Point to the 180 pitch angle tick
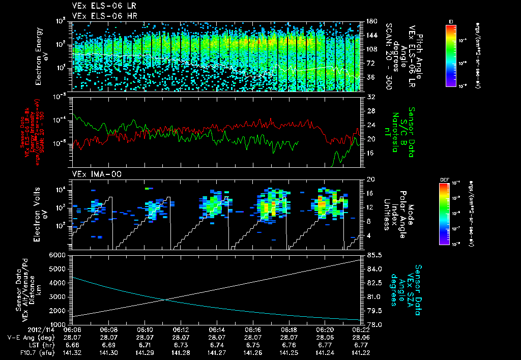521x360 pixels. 371,21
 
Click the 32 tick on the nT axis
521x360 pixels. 370,97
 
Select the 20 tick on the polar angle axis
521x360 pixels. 370,179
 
